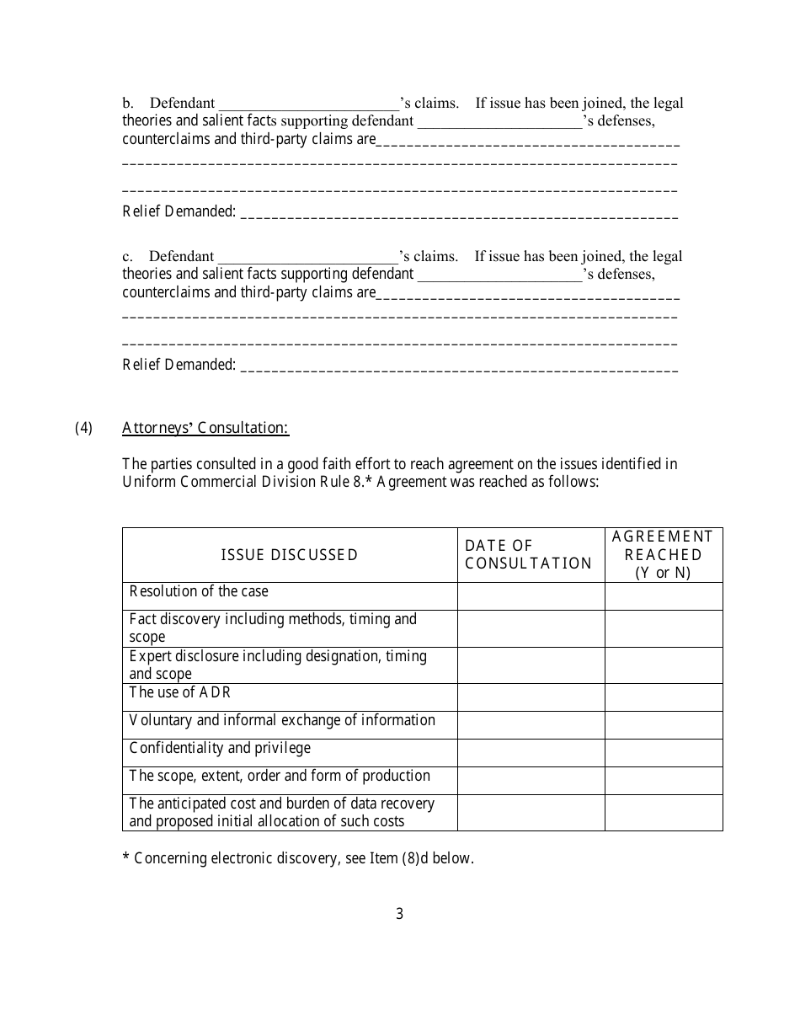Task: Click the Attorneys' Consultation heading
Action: pos(205,428)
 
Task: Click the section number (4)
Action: pos(83,428)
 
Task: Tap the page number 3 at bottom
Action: pos(399,913)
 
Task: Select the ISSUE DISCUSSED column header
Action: pos(290,555)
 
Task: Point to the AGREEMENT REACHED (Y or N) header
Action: pos(663,555)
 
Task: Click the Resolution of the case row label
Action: pos(199,592)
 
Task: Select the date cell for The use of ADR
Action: pos(531,697)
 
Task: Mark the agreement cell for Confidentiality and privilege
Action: pos(663,753)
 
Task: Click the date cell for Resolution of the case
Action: pos(531,596)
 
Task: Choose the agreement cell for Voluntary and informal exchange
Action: pos(663,725)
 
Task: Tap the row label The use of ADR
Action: pos(179,693)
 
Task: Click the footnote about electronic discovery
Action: pos(298,859)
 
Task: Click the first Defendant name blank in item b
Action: pos(308,104)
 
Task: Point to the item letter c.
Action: pos(127,257)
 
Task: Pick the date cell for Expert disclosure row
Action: pos(531,665)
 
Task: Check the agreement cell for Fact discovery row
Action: pos(663,628)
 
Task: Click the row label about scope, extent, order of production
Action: pos(280,776)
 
